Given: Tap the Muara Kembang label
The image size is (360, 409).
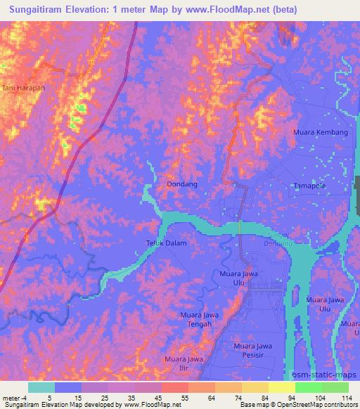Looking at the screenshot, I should tap(320, 132).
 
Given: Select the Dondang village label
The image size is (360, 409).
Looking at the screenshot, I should tap(181, 184).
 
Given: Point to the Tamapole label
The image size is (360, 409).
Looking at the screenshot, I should tap(309, 186).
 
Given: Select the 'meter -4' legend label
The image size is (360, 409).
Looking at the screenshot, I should tap(13, 396).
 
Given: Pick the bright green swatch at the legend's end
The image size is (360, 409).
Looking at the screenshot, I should tap(335, 387).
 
